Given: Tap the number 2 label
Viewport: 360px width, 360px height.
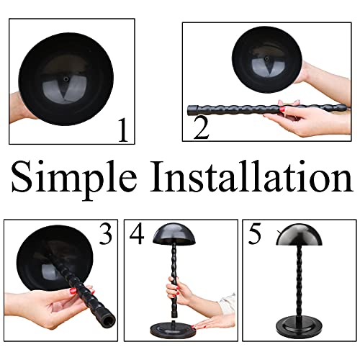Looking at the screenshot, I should tap(201, 129).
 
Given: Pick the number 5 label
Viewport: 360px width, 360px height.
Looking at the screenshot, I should tap(253, 235).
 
